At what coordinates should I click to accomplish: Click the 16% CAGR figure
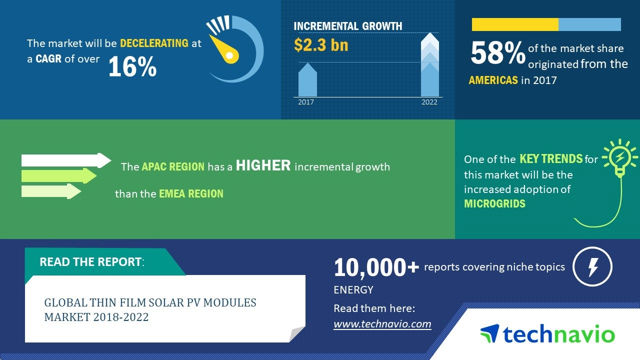pyautogui.click(x=132, y=66)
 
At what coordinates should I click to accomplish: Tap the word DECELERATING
pyautogui.click(x=154, y=43)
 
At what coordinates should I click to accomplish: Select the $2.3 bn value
pyautogui.click(x=321, y=45)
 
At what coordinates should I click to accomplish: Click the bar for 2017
pyautogui.click(x=307, y=79)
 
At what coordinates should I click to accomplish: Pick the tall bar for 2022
pyautogui.click(x=429, y=65)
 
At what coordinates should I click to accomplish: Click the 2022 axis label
pyautogui.click(x=429, y=102)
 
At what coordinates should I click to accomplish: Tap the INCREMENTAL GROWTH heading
pyautogui.click(x=347, y=26)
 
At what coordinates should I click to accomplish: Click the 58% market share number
pyautogui.click(x=498, y=53)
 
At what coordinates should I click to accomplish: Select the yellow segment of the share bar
pyautogui.click(x=515, y=24)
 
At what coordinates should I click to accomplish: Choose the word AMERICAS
pyautogui.click(x=493, y=80)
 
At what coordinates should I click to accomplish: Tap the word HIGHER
pyautogui.click(x=263, y=165)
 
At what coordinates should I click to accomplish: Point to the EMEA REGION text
pyautogui.click(x=191, y=194)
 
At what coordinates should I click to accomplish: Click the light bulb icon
pyautogui.click(x=619, y=158)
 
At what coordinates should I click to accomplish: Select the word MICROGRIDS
pyautogui.click(x=494, y=203)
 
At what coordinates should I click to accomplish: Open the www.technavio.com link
pyautogui.click(x=382, y=324)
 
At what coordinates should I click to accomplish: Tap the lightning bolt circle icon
pyautogui.click(x=592, y=266)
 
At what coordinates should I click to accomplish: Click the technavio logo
pyautogui.click(x=547, y=333)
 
